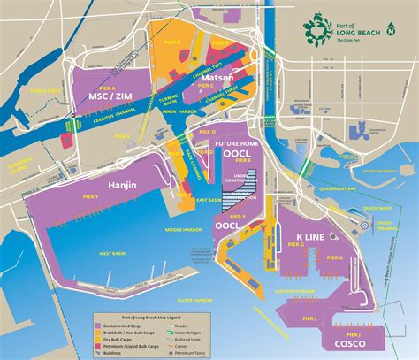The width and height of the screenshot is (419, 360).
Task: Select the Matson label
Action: click(217, 80)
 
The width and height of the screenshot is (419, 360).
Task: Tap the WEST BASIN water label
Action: click(112, 254)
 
